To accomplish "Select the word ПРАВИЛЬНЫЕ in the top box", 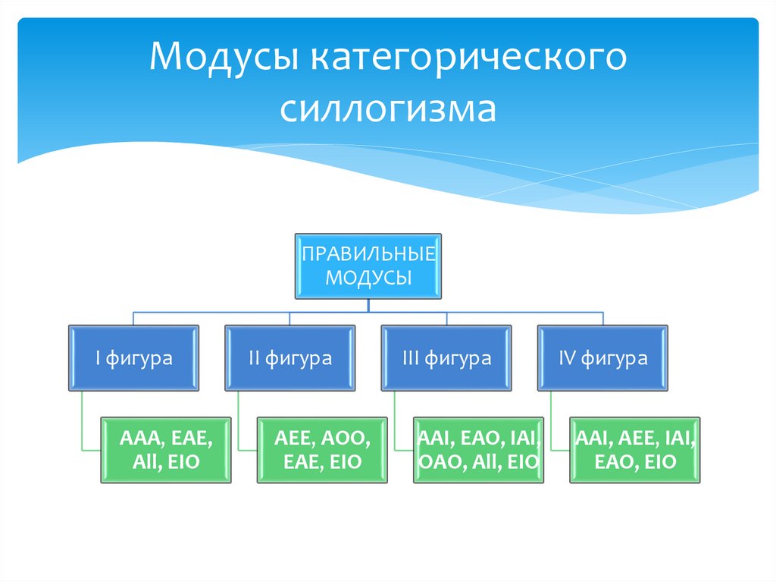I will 368,253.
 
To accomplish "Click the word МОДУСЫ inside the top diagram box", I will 368,277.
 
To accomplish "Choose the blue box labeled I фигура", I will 134,358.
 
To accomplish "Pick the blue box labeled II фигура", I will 290,358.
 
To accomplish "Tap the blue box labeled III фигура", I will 446,358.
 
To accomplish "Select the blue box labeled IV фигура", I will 602,358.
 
